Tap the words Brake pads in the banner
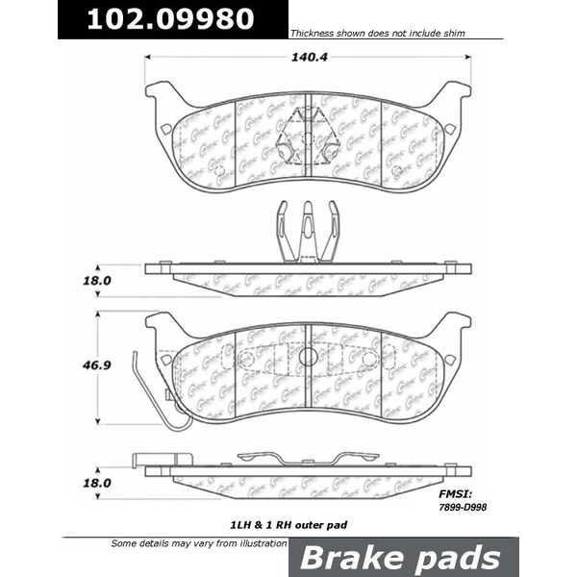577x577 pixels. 402,558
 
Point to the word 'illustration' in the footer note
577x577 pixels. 260,543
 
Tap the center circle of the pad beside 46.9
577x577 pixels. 307,357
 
